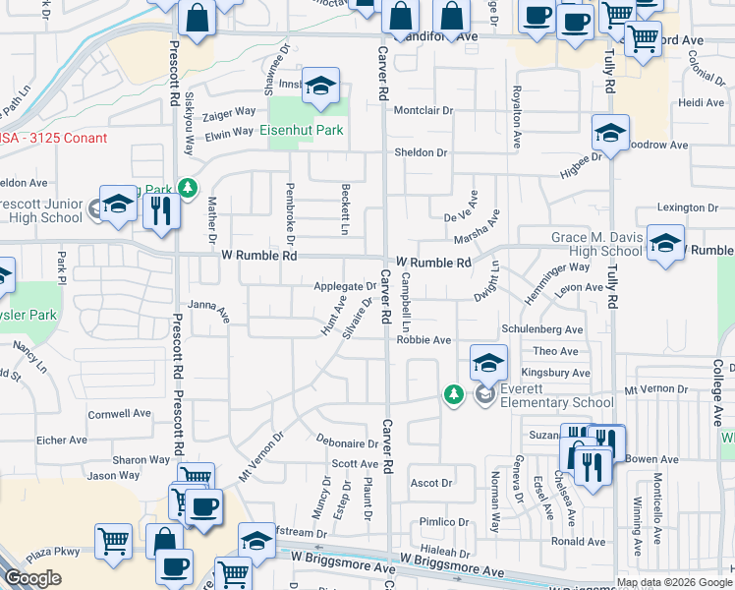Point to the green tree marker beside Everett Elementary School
(453, 394)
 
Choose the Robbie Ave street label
(424, 340)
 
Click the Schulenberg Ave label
(541, 329)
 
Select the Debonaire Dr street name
(347, 443)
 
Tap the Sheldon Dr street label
(421, 152)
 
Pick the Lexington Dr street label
(688, 208)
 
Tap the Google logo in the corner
(32, 578)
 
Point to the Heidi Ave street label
(702, 102)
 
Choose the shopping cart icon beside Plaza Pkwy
(114, 540)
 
